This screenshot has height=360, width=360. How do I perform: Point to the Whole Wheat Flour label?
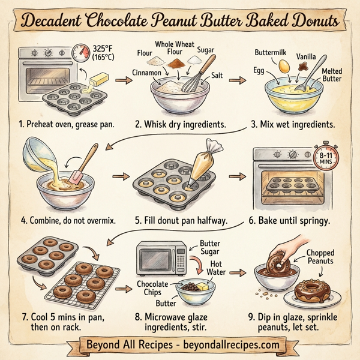point(175,47)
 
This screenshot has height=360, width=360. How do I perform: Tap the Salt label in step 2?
point(221,76)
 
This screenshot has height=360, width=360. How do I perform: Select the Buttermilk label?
point(272,53)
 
